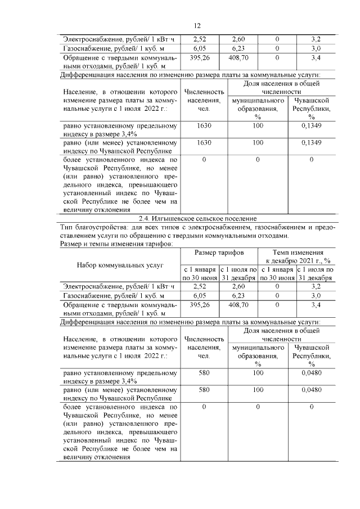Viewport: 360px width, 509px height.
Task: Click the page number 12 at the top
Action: coord(197,26)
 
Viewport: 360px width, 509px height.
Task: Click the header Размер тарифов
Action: coord(219,253)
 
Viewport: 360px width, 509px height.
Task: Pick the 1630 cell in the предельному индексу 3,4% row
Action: coord(204,127)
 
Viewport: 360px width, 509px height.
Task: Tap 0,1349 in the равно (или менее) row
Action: coord(311,143)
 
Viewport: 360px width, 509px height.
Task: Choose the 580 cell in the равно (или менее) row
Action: coord(204,389)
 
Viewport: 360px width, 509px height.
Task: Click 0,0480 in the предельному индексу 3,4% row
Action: coord(311,372)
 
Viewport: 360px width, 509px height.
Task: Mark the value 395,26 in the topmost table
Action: coord(200,58)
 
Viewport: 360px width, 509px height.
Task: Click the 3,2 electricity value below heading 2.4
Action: coord(316,286)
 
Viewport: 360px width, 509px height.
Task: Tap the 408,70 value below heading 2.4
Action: coord(238,304)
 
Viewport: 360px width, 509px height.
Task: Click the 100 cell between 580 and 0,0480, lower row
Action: coord(258,389)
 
